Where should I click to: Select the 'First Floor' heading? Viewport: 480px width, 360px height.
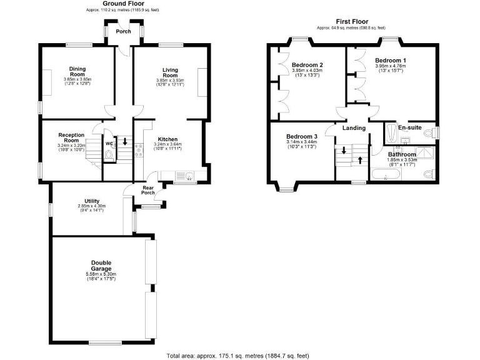coord(351,21)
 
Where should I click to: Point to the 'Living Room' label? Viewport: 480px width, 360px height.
coord(171,72)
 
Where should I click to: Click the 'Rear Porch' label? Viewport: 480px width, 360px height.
coord(148,190)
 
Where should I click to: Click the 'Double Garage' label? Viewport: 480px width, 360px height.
coord(101,266)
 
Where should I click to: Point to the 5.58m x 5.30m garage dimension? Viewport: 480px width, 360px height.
coord(101,274)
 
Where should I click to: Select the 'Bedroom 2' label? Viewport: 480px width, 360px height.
coord(307,65)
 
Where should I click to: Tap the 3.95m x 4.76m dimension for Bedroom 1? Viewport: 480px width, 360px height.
coord(391,66)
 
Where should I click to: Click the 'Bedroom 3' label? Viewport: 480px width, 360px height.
coord(302,136)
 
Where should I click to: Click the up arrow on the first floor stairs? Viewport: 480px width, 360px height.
coord(360,159)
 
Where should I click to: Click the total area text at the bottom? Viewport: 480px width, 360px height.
coord(237,355)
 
